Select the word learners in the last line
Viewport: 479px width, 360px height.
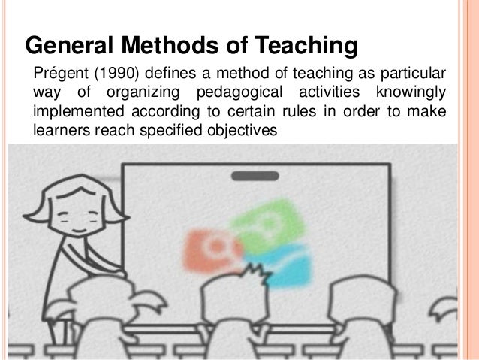pos(59,129)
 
